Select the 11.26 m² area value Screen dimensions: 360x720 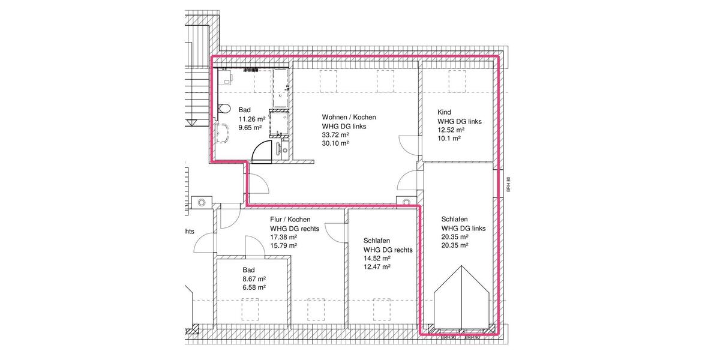pos(251,119)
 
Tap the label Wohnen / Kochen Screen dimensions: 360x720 pos(349,117)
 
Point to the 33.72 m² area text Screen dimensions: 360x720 pos(335,135)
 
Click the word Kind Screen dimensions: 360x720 pos(444,112)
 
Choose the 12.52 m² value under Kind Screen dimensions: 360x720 pos(451,130)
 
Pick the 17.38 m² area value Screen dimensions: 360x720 pos(284,237)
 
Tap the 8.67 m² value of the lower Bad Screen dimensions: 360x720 pos(254,278)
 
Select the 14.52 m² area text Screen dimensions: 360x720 pos(377,258)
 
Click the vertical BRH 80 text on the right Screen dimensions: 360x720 pos(508,184)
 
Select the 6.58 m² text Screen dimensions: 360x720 pos(254,287)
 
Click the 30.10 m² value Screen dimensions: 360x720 pos(335,143)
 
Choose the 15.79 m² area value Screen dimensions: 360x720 pos(284,245)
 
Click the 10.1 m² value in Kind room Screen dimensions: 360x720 pos(449,138)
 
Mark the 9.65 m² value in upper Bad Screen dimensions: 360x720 pos(250,127)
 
